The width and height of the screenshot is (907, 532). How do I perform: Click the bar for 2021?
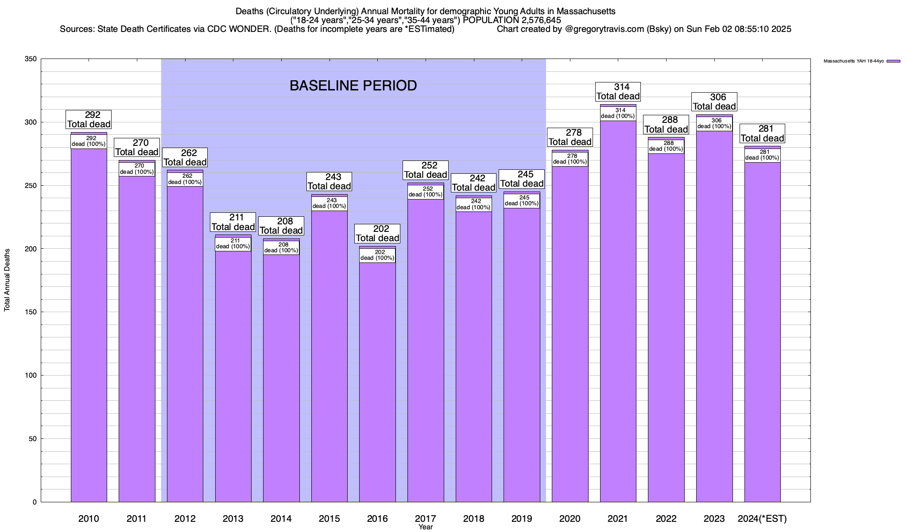(618, 310)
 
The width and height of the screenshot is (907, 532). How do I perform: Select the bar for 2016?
(377, 381)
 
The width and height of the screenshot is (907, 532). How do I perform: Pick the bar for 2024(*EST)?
(762, 332)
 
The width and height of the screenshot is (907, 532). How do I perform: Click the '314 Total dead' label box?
(618, 92)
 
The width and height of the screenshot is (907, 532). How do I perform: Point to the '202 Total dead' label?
(377, 234)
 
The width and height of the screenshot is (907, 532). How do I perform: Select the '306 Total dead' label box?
(714, 102)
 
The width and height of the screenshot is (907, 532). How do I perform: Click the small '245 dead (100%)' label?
(522, 201)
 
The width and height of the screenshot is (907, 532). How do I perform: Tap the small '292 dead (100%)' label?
(89, 141)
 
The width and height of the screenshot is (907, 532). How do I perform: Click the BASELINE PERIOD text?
(353, 86)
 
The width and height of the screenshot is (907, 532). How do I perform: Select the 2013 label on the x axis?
(233, 519)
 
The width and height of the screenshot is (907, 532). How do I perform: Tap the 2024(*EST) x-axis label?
(762, 519)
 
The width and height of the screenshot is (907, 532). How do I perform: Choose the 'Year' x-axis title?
(426, 527)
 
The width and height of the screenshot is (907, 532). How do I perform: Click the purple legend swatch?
(894, 61)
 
